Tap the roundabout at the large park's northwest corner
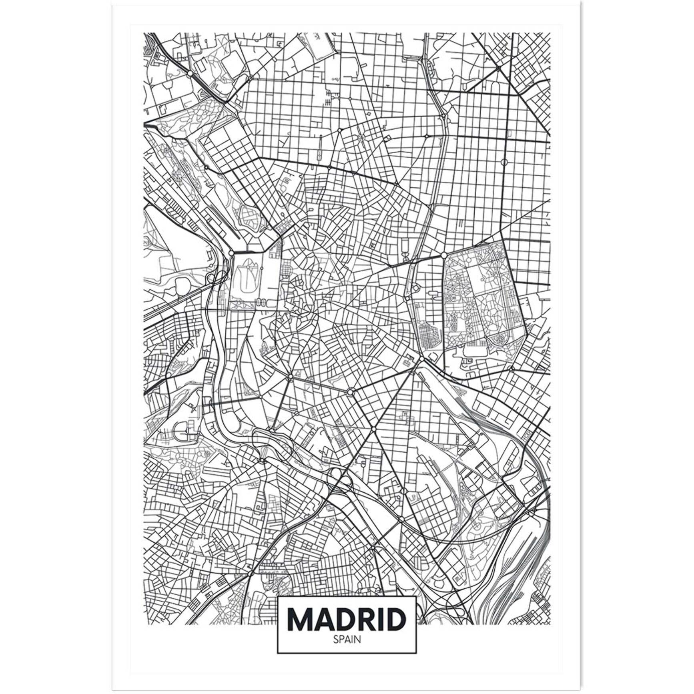[x=444, y=255]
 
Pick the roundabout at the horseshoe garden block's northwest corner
[x=231, y=253]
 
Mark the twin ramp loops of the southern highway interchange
[x=339, y=478]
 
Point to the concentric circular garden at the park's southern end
[x=500, y=340]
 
